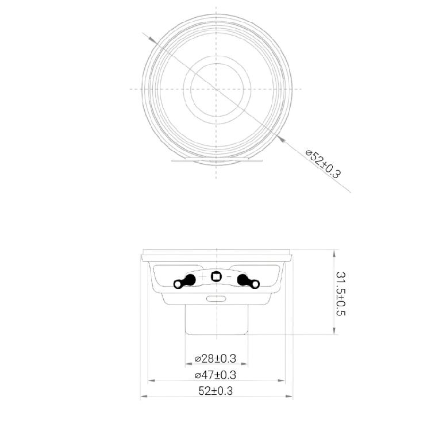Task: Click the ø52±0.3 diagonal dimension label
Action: pyautogui.click(x=324, y=164)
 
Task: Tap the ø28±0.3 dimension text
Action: pyautogui.click(x=215, y=359)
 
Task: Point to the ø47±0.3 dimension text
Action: pyautogui.click(x=215, y=375)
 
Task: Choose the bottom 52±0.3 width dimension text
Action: pyautogui.click(x=215, y=391)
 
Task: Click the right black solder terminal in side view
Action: pyautogui.click(x=248, y=282)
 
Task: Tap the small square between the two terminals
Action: pyautogui.click(x=217, y=276)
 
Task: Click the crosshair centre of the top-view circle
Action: pyautogui.click(x=217, y=89)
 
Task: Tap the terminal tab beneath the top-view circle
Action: pyautogui.click(x=217, y=161)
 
